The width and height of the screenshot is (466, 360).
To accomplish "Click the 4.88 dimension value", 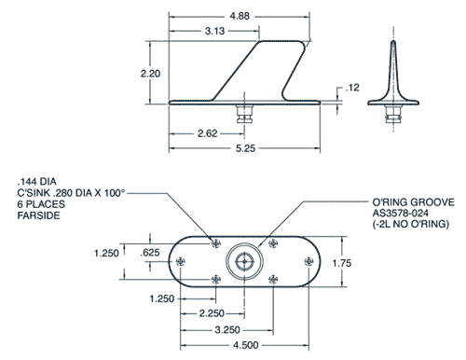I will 239,15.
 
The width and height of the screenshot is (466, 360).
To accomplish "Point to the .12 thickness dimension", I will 352,87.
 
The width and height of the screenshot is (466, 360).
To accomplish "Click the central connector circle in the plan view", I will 245,262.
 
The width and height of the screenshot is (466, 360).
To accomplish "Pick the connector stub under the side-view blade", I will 246,115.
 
